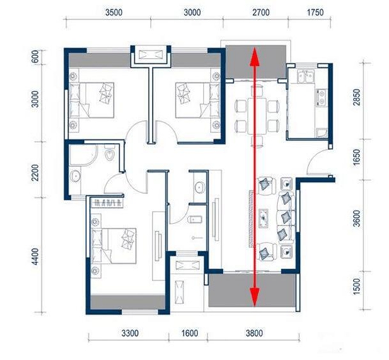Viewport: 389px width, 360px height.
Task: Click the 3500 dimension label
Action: click(114, 13)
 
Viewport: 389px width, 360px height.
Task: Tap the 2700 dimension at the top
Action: click(261, 13)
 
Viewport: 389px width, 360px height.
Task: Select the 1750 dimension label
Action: click(315, 13)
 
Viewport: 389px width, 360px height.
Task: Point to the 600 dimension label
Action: click(36, 57)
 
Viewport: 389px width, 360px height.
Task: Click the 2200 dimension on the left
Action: click(35, 173)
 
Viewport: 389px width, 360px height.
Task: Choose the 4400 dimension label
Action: click(35, 256)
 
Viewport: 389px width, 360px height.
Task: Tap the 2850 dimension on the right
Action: click(356, 98)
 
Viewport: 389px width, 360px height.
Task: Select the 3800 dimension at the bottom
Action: click(255, 333)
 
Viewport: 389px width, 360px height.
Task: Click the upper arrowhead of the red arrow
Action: click(255, 57)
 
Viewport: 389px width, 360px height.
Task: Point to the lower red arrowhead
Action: click(255, 297)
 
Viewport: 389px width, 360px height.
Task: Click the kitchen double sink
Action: click(306, 76)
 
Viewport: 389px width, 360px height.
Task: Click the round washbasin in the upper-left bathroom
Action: click(75, 176)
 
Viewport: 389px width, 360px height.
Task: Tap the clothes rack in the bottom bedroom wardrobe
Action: click(108, 203)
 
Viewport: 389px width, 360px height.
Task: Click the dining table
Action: click(257, 115)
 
